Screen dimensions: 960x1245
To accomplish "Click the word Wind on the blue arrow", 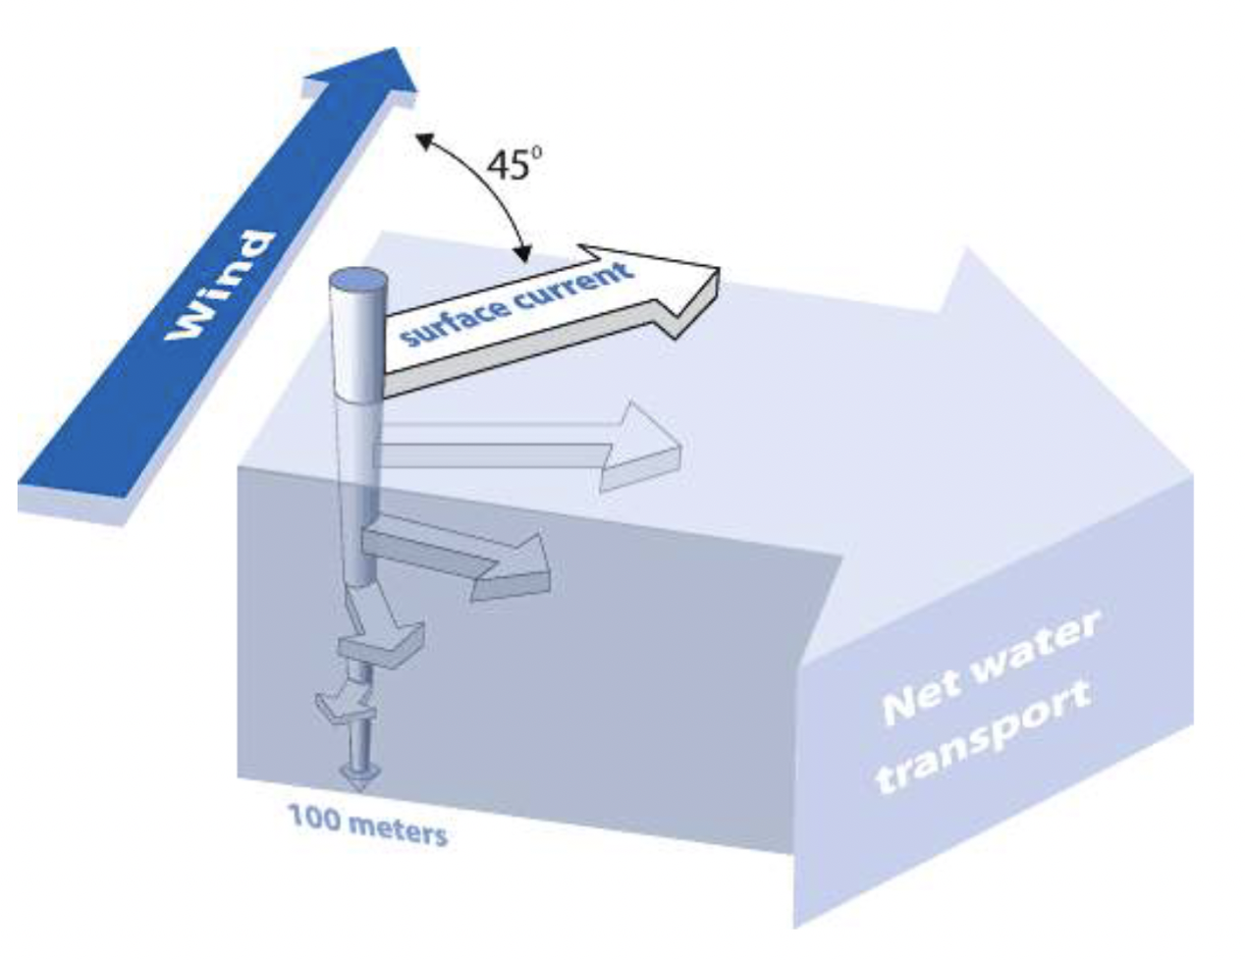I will pos(220,286).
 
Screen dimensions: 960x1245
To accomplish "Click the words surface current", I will pos(516,304).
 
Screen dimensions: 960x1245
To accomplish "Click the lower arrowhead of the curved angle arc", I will pos(524,256).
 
